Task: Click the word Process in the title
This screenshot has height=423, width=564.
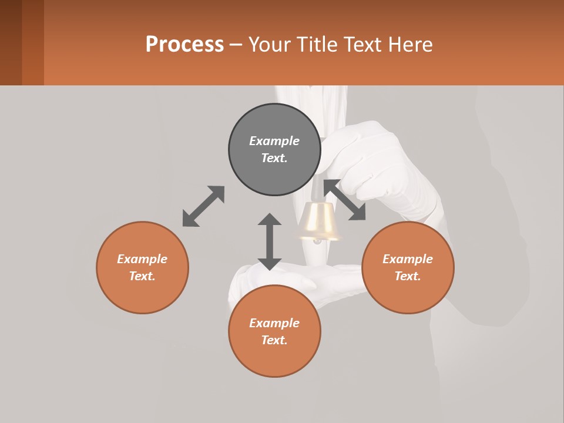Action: pyautogui.click(x=184, y=45)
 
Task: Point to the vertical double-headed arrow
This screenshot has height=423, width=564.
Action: pyautogui.click(x=270, y=241)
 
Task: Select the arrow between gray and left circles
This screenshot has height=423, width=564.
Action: pyautogui.click(x=203, y=206)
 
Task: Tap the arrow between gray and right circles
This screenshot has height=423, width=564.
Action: pyautogui.click(x=345, y=200)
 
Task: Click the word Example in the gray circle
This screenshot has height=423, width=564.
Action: pyautogui.click(x=274, y=141)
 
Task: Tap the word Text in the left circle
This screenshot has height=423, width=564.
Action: pyautogui.click(x=142, y=276)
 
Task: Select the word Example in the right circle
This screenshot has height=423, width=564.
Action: pyautogui.click(x=408, y=259)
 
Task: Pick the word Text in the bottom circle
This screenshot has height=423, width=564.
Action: pyautogui.click(x=274, y=340)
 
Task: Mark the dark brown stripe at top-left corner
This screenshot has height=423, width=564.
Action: pyautogui.click(x=11, y=42)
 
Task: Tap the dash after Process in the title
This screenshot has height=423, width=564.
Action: pyautogui.click(x=236, y=45)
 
